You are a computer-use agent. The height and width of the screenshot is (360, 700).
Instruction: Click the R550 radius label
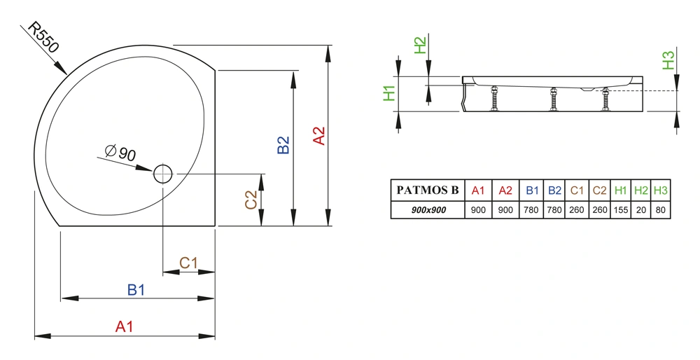43,37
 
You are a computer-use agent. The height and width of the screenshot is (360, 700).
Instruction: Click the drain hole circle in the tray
163,174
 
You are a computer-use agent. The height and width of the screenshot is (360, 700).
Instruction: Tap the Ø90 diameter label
120,153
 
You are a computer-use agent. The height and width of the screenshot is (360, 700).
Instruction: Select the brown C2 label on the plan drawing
251,200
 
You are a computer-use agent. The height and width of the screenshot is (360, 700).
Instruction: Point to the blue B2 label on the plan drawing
283,145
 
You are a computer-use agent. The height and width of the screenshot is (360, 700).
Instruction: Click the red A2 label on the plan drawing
318,136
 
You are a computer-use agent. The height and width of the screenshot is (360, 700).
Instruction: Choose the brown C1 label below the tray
188,263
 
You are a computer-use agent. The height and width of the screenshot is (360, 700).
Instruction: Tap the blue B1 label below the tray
136,290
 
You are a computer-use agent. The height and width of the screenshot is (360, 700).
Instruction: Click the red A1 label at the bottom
124,326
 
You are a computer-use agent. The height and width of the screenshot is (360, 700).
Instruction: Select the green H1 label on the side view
389,93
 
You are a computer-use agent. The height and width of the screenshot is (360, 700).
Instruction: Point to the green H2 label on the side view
420,45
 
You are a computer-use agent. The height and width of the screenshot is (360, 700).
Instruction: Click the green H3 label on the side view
668,60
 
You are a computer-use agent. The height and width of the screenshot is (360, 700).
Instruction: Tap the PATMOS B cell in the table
428,191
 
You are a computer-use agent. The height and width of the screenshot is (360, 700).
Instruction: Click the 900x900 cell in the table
428,210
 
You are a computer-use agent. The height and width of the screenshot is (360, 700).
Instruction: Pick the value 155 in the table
620,210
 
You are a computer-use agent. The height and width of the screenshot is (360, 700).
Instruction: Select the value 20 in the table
641,210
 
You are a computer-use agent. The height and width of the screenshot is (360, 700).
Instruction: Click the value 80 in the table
661,210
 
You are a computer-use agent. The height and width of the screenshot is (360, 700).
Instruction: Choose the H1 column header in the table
620,191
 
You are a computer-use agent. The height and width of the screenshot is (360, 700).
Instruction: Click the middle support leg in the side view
554,99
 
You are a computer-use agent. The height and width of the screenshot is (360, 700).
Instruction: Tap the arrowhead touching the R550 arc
60,67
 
